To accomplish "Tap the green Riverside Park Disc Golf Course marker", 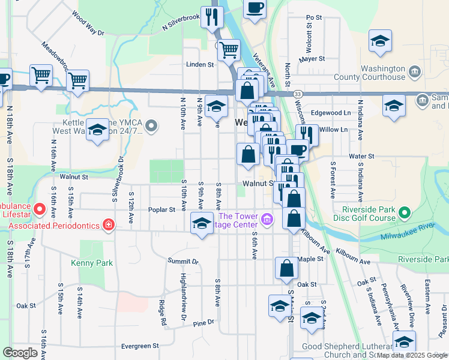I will click(x=405, y=213).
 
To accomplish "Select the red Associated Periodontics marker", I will click(x=109, y=225).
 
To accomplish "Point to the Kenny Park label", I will click(x=88, y=263).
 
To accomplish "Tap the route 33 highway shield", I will click(x=297, y=94).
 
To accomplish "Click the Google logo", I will click(x=20, y=353).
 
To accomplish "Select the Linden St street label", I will click(x=200, y=64).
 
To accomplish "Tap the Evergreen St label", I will click(x=139, y=346).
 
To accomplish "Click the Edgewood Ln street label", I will click(x=330, y=113).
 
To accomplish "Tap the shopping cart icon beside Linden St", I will click(x=229, y=50).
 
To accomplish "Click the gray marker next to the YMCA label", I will click(x=151, y=126).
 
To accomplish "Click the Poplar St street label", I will click(x=161, y=209).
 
